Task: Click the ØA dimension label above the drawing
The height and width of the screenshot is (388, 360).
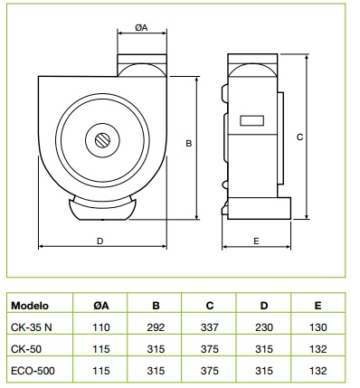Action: coord(141,28)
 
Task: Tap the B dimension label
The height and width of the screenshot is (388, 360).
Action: coord(188,143)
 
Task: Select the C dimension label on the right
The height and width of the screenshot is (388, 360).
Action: coord(298,137)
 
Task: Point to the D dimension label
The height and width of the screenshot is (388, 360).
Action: coord(99,241)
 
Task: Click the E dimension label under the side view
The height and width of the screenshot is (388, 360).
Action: coord(257,241)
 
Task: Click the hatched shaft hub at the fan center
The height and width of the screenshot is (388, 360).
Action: coord(99,140)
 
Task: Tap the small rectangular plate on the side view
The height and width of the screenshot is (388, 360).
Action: coord(251,119)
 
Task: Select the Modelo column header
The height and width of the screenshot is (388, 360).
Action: coord(31,306)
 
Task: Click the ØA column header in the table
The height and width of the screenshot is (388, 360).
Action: coord(101,306)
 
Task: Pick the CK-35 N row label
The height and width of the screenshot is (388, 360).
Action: coord(33,326)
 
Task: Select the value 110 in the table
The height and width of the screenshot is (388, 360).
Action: coord(101,326)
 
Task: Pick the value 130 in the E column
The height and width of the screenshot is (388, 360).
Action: coord(316,326)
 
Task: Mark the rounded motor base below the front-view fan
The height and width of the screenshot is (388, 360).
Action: coord(99,209)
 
